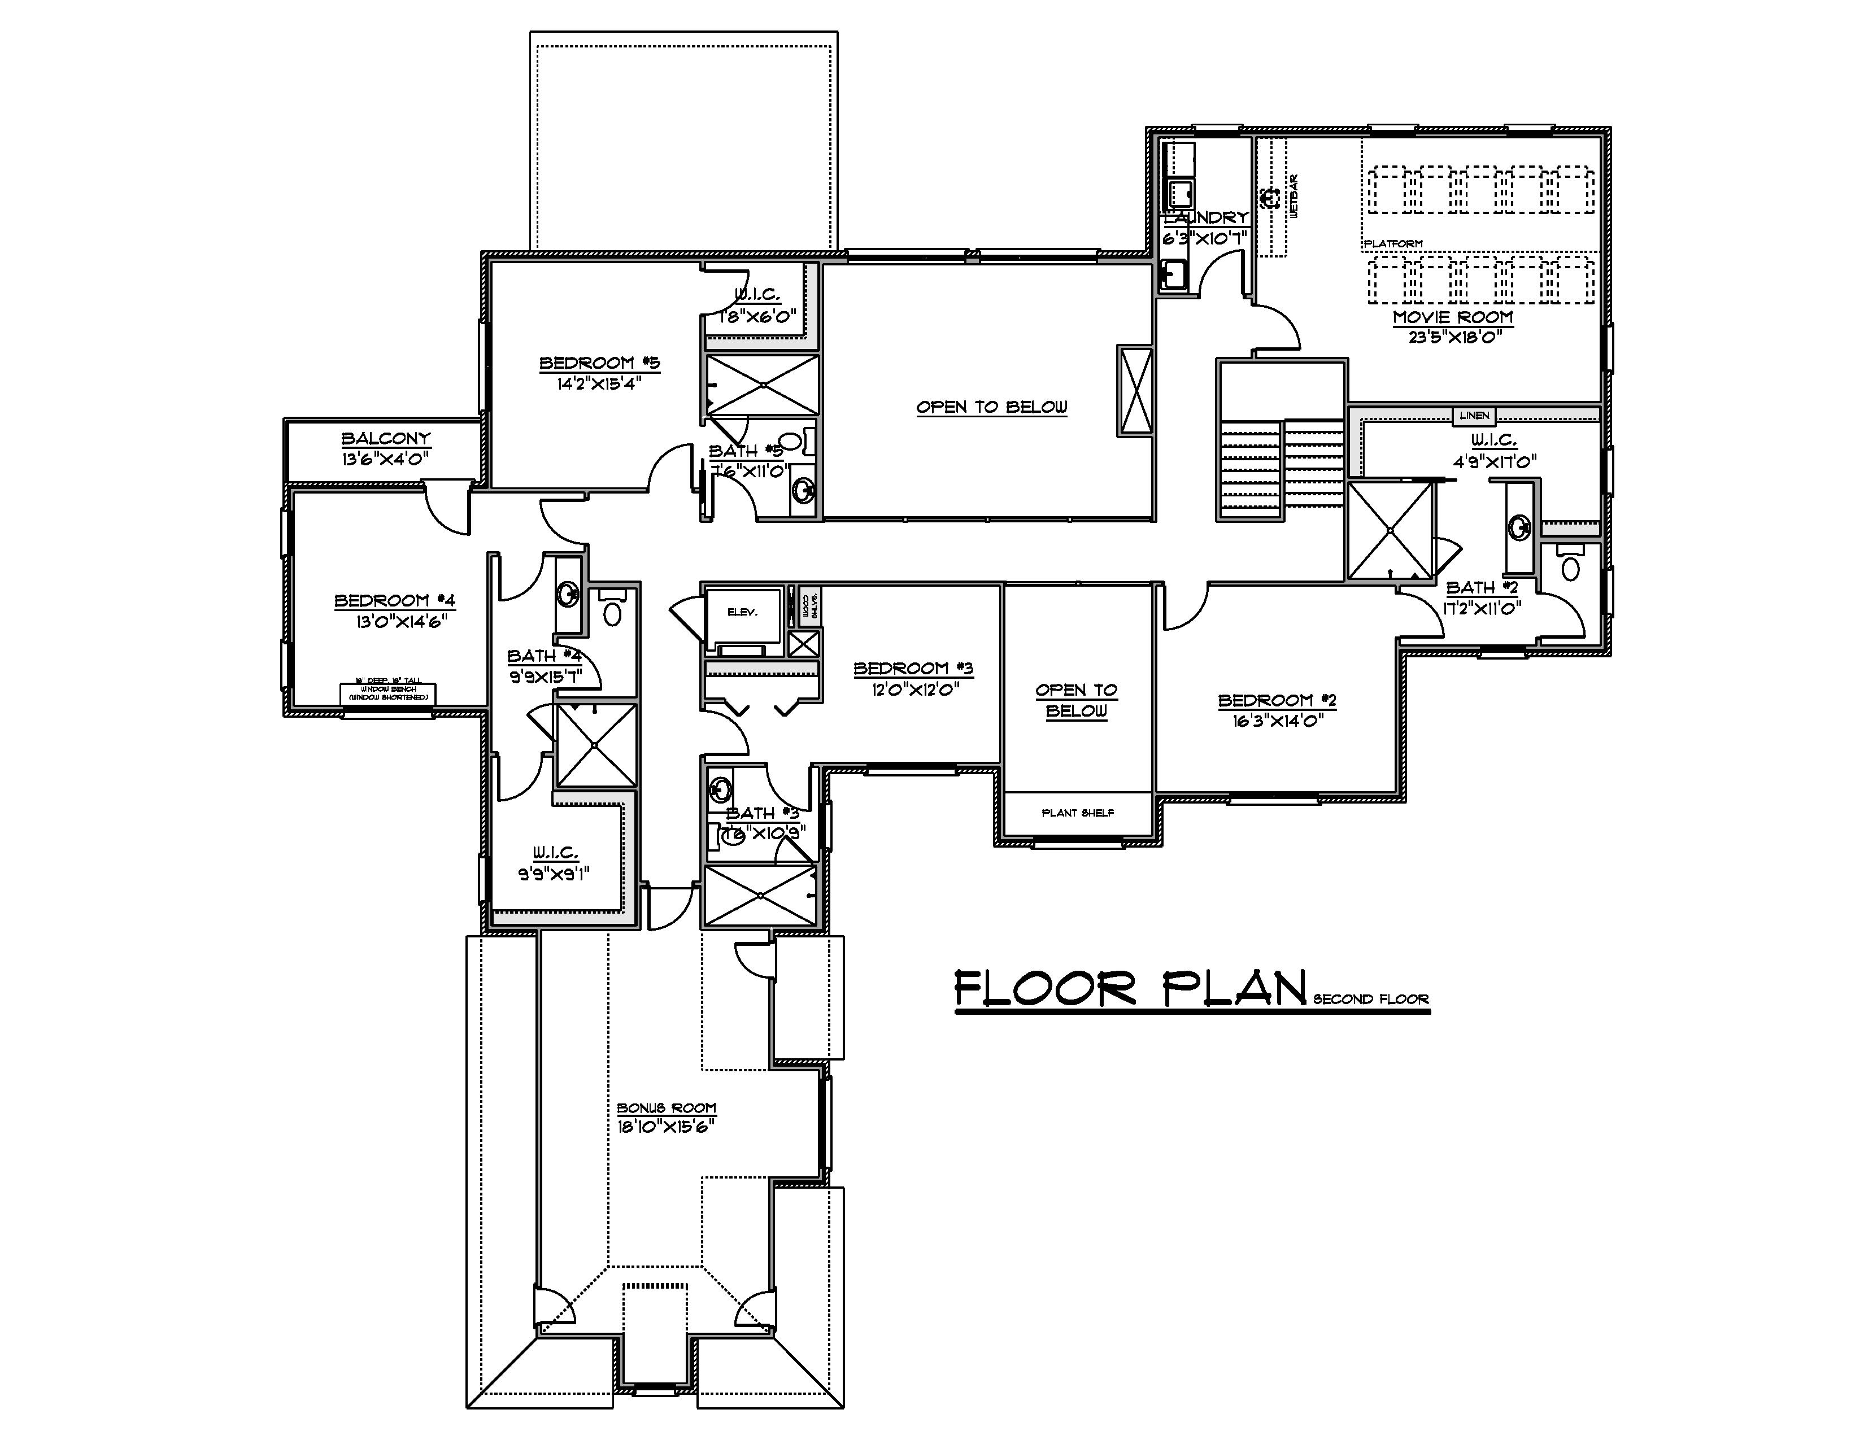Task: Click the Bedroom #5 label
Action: tap(599, 364)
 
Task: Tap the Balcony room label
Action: tap(386, 438)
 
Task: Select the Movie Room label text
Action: tap(1453, 317)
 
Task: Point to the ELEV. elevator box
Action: tap(742, 613)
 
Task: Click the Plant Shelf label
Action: tap(1077, 813)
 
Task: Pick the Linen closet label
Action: tap(1473, 416)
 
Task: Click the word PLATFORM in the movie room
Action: tap(1393, 244)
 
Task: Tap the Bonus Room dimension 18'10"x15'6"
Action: tap(666, 1126)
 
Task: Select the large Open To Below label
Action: tap(991, 407)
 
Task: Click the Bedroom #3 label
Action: tap(913, 668)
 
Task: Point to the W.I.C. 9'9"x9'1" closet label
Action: tap(555, 853)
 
